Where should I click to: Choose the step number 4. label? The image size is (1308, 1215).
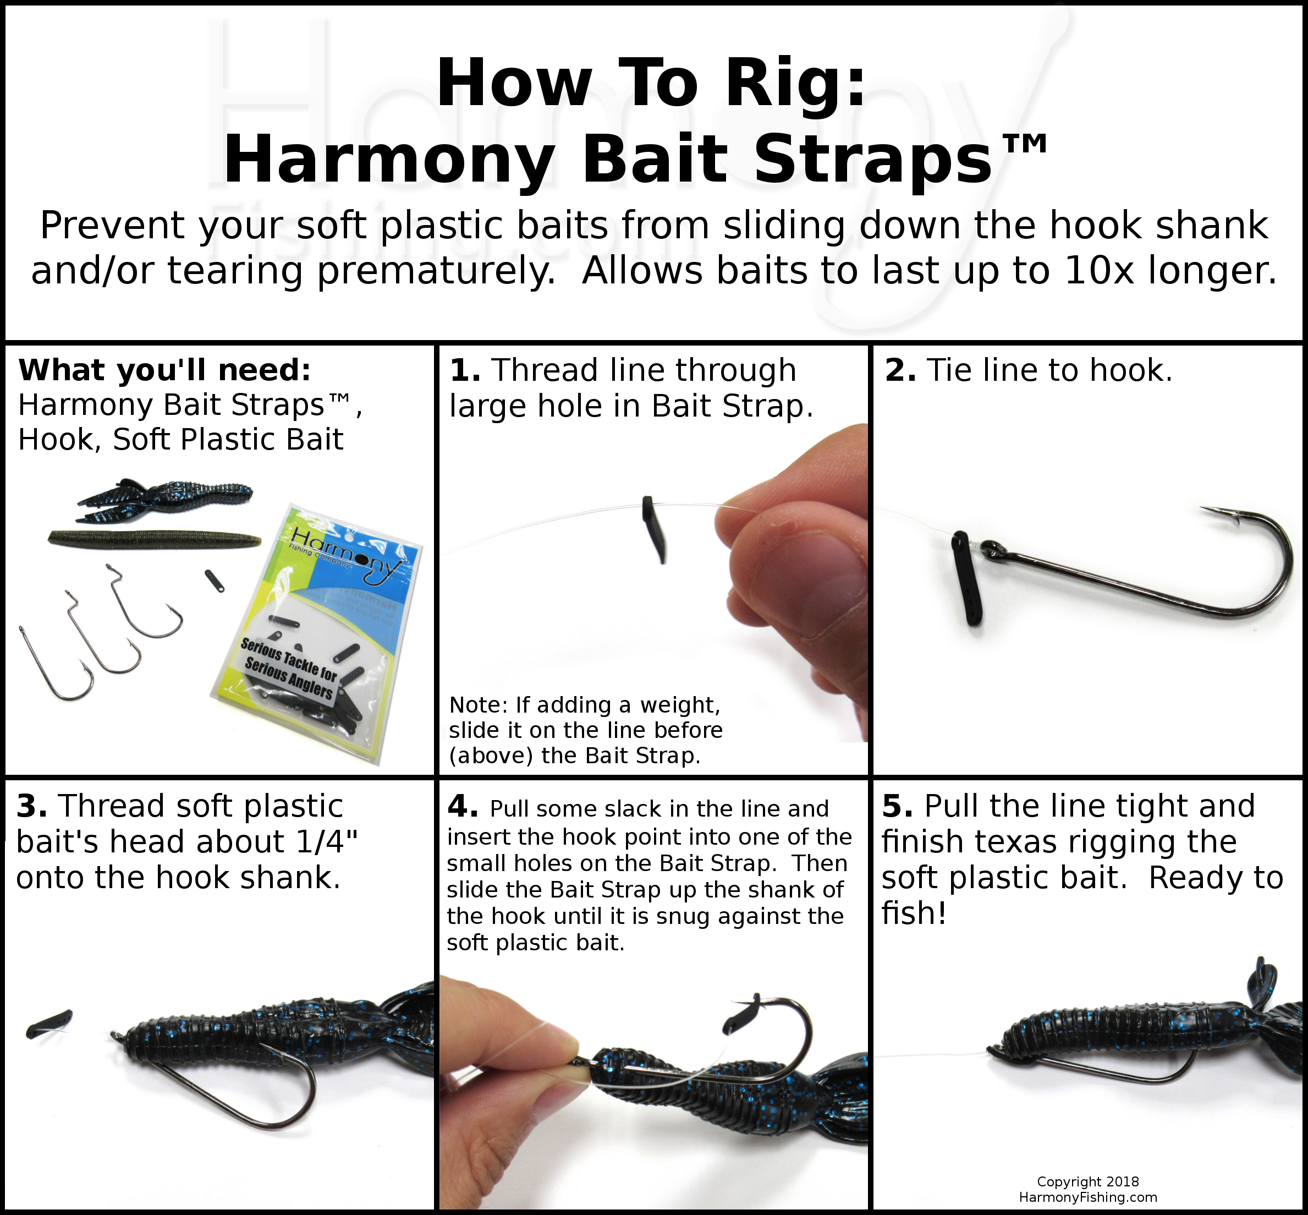pyautogui.click(x=463, y=807)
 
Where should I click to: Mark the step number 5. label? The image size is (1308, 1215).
pyautogui.click(x=897, y=807)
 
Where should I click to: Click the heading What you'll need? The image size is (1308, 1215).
pyautogui.click(x=164, y=371)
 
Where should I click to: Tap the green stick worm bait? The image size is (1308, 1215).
pyautogui.click(x=155, y=539)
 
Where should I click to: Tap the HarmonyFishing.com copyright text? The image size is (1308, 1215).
pyautogui.click(x=1088, y=1197)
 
